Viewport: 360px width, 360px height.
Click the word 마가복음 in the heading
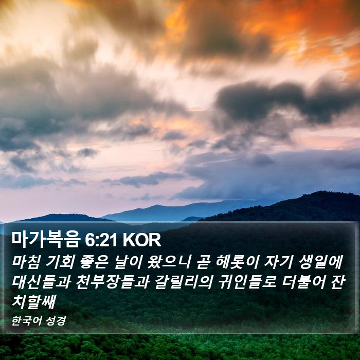click(45, 240)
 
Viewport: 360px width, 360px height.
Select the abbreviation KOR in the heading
click(142, 240)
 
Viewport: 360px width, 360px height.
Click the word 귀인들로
click(246, 282)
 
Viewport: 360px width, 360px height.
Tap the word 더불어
click(303, 282)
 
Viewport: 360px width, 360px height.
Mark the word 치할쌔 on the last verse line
click(34, 302)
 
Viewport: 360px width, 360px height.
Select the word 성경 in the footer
click(56, 321)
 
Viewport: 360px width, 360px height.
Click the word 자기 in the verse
click(279, 262)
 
